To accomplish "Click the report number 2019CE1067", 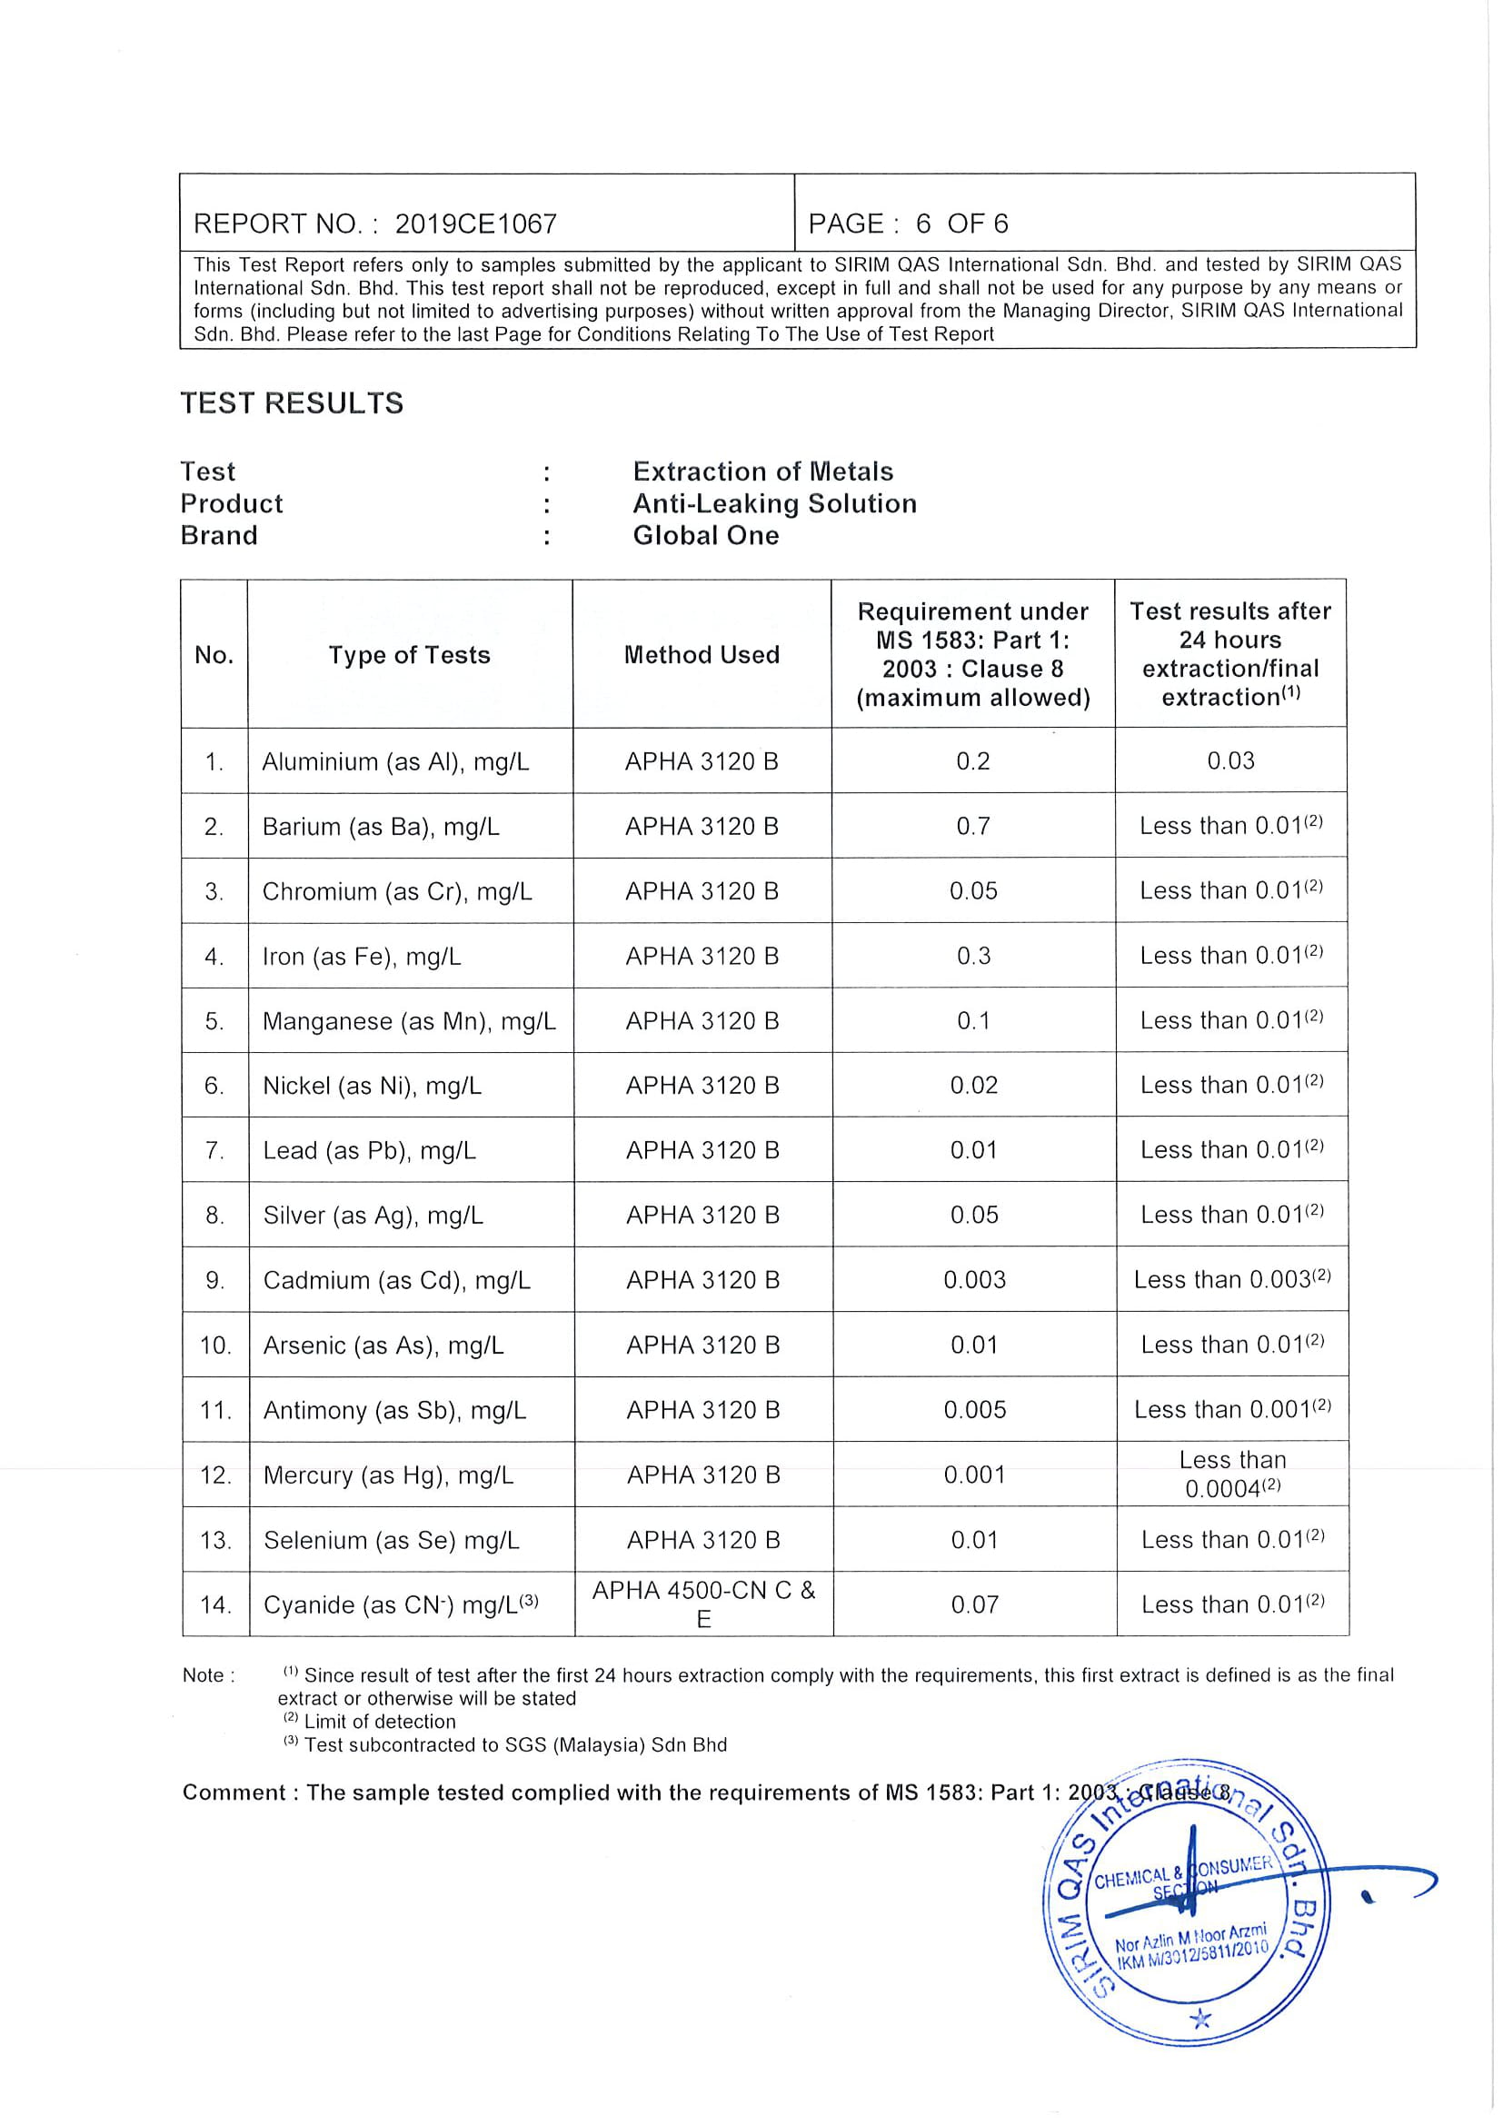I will click(475, 223).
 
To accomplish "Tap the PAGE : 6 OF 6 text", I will click(908, 223).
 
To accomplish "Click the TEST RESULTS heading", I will click(292, 402).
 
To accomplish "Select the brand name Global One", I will click(705, 535).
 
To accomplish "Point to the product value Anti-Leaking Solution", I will click(774, 503).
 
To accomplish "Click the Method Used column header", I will click(702, 654).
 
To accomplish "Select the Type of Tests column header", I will click(409, 654).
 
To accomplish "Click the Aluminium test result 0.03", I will click(1230, 760).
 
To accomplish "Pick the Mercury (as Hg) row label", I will click(388, 1475).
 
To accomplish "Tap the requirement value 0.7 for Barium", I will click(972, 826).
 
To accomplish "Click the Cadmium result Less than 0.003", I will click(1231, 1279).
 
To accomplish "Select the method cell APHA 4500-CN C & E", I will click(703, 1603).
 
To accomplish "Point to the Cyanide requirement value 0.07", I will click(974, 1604).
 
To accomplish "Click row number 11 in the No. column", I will click(214, 1410).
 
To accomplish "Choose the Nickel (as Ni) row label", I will click(372, 1085).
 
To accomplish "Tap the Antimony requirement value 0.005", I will click(974, 1410).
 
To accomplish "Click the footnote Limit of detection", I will click(379, 1722).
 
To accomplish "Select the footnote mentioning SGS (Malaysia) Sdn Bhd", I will click(514, 1744).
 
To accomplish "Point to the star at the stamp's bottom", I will click(1200, 2019).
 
